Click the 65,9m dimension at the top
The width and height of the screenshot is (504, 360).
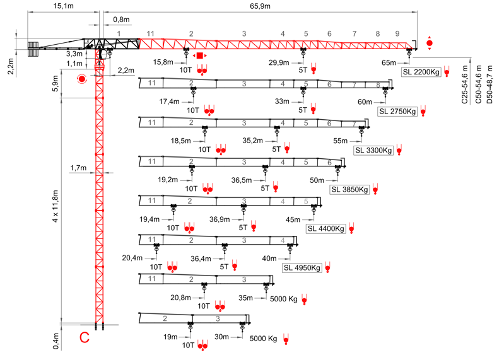coord(259,6)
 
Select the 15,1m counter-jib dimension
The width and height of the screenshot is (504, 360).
coord(61,6)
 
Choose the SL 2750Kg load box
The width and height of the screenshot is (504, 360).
coord(397,112)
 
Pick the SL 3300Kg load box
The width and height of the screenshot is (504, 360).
coord(374,151)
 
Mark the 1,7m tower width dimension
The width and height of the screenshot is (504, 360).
coord(79,168)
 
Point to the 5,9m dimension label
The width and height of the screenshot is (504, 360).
coord(55,84)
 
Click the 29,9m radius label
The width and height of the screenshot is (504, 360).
coord(278,62)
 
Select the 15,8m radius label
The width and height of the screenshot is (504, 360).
coord(163,62)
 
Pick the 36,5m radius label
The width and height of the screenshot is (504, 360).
coord(242,180)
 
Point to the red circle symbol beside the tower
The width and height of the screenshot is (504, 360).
coord(81,79)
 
